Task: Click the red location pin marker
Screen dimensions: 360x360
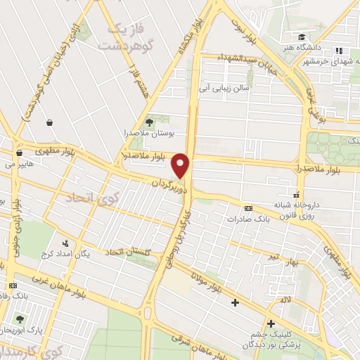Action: point(182,165)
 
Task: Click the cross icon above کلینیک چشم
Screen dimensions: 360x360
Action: point(270,323)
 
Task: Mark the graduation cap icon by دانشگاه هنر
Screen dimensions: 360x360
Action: point(301,37)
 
